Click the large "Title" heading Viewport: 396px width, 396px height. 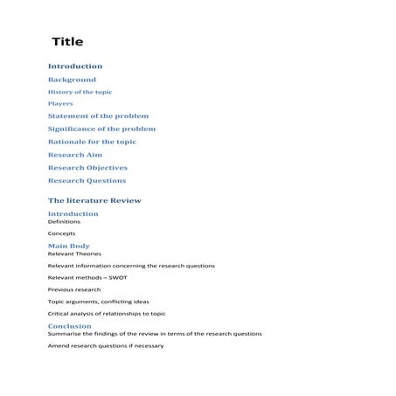click(67, 42)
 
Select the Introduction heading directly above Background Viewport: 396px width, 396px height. click(74, 66)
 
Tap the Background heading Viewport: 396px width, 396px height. click(72, 80)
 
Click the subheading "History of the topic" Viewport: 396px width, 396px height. click(80, 92)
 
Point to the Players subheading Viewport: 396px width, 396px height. click(60, 104)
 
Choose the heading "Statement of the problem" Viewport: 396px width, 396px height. click(98, 116)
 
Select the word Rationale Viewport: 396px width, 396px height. click(68, 142)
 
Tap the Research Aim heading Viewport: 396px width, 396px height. click(74, 155)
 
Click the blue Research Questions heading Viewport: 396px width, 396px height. click(87, 181)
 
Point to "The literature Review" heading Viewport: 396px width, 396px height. click(94, 201)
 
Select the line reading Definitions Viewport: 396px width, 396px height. click(64, 222)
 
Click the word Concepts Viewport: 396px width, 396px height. click(61, 234)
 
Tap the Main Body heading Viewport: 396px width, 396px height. click(68, 247)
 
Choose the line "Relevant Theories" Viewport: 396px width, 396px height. click(73, 254)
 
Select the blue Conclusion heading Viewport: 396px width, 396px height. click(69, 326)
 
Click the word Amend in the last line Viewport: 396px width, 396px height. click(59, 345)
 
